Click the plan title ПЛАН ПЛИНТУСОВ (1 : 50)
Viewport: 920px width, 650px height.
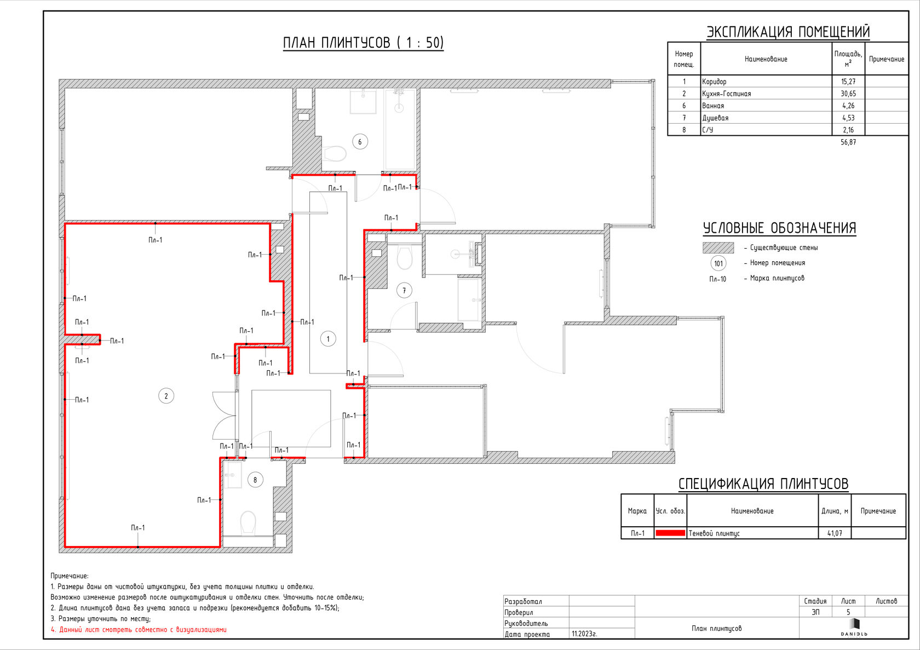tap(363, 43)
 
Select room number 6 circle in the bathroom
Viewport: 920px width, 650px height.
tap(360, 142)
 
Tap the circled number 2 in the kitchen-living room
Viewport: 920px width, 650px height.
tap(166, 396)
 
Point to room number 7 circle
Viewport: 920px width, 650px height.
tap(404, 291)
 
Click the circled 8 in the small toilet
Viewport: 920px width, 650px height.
tap(255, 480)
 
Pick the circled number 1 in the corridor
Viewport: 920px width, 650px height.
tap(327, 339)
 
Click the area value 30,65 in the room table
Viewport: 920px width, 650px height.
tap(848, 94)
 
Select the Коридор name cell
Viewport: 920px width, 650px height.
tap(714, 82)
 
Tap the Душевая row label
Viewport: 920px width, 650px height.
tap(715, 118)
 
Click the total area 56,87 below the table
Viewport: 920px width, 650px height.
tap(848, 142)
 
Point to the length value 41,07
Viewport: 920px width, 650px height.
tap(835, 533)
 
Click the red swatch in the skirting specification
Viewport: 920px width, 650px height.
tap(670, 533)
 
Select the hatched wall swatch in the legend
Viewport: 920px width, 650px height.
tap(718, 248)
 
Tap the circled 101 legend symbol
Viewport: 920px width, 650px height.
tap(718, 263)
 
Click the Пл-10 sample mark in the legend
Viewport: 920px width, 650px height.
tap(717, 279)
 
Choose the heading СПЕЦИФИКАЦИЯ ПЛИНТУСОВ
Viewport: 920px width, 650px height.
tap(763, 484)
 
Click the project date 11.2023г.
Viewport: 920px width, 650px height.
tap(584, 634)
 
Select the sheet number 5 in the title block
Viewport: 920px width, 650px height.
tap(848, 612)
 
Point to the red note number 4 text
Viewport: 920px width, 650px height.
tap(139, 630)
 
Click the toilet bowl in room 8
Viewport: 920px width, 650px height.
tap(248, 522)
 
